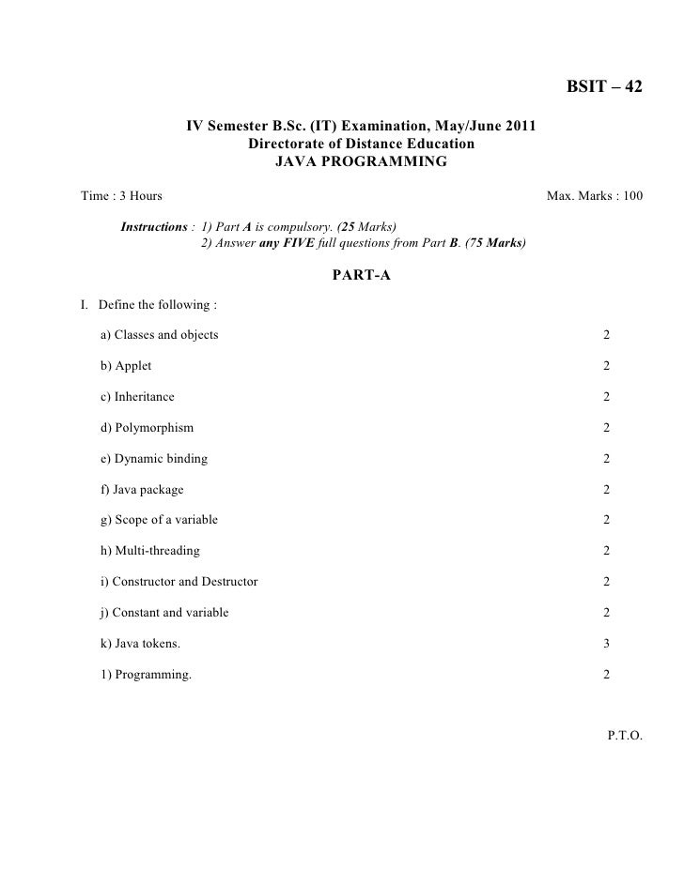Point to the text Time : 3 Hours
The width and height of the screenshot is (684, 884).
121,196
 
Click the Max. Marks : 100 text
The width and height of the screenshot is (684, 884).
595,196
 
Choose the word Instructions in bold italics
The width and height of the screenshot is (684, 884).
154,227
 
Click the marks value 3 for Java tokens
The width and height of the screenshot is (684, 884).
607,644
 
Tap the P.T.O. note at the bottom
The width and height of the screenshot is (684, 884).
625,737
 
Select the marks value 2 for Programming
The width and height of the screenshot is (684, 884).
607,675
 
